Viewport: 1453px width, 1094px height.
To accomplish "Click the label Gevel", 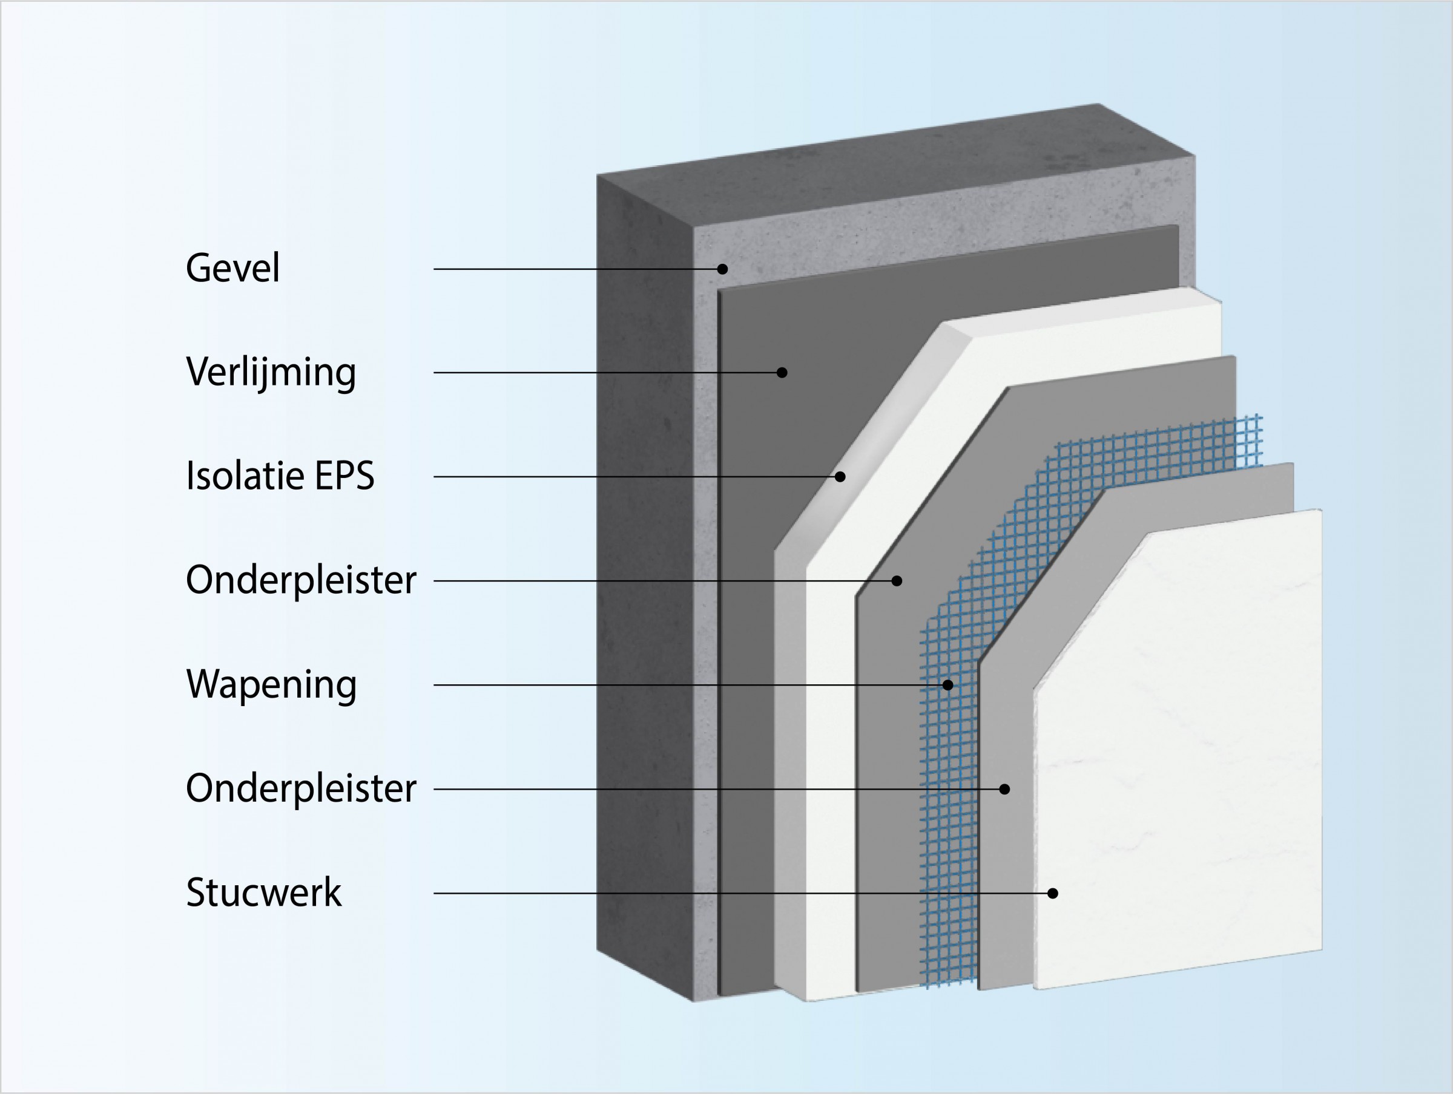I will tap(232, 268).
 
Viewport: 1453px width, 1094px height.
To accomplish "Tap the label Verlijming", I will tap(271, 372).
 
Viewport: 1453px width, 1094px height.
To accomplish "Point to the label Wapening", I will tap(271, 685).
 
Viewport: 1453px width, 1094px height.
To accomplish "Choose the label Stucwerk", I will tap(263, 893).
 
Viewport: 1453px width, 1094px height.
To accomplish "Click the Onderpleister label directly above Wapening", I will tap(301, 580).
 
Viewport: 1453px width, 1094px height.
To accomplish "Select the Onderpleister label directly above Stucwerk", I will tap(301, 788).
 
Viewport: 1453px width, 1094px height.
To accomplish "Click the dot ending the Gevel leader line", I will tap(722, 269).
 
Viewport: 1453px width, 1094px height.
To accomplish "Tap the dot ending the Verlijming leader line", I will tap(782, 372).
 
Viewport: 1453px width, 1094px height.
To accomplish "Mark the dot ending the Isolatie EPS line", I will tap(840, 477).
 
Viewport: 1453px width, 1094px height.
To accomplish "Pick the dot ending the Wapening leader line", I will tap(948, 685).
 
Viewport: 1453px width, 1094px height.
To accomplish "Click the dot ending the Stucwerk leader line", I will tap(1053, 893).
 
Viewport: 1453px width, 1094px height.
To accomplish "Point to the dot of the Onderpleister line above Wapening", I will tap(897, 580).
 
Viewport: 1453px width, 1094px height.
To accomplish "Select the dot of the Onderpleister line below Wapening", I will tap(1004, 788).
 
